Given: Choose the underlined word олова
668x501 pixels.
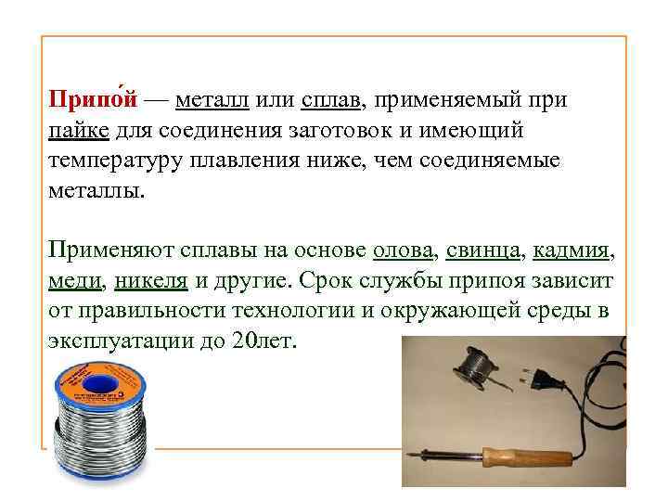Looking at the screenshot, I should (404, 250).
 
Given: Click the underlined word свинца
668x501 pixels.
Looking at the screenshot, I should (482, 250).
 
